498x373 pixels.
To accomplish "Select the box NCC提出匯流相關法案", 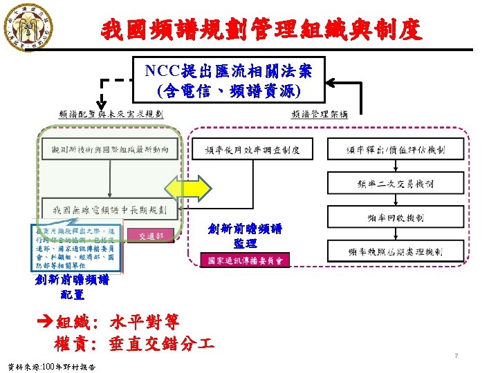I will pos(228,79).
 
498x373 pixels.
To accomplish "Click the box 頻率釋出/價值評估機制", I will pos(396,149).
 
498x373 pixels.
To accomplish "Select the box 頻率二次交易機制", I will pos(396,183).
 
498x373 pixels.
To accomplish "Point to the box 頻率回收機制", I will pos(396,218).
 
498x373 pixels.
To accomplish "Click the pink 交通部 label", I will pos(151,236).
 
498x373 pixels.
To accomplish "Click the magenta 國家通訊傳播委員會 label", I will pos(250,260).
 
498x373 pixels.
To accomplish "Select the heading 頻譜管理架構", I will pos(320,114).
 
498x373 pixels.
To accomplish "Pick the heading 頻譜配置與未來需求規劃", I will pos(111,114).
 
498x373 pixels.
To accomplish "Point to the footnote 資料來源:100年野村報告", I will pos(50,366).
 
